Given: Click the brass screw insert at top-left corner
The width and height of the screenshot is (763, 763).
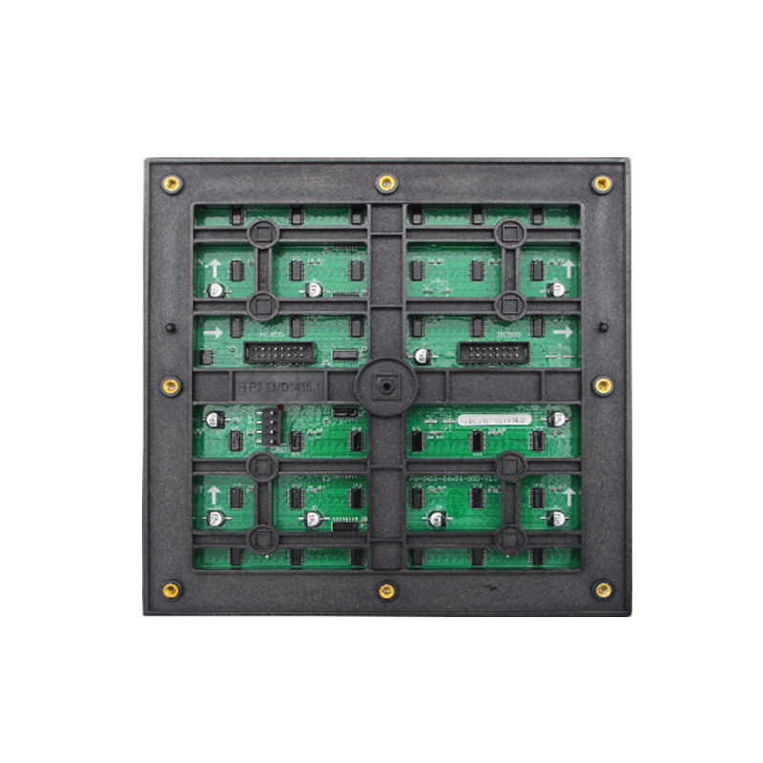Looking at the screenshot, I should (172, 184).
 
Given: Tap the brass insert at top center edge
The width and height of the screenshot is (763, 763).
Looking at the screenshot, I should (386, 183).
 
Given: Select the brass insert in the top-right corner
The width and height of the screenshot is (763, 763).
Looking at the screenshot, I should (602, 184).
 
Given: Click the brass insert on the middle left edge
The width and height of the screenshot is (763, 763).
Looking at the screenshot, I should (172, 386).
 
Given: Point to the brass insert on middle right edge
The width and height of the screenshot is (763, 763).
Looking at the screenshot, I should (603, 385).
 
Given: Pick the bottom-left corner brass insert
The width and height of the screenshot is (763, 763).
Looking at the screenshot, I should (172, 588).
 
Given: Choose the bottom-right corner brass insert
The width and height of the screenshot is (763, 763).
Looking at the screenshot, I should (603, 589).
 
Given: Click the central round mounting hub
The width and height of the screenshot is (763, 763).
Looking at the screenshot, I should (385, 387).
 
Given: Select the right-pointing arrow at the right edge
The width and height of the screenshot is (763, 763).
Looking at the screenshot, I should (563, 332).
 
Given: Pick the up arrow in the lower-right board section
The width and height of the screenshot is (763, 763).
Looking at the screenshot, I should (568, 496).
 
